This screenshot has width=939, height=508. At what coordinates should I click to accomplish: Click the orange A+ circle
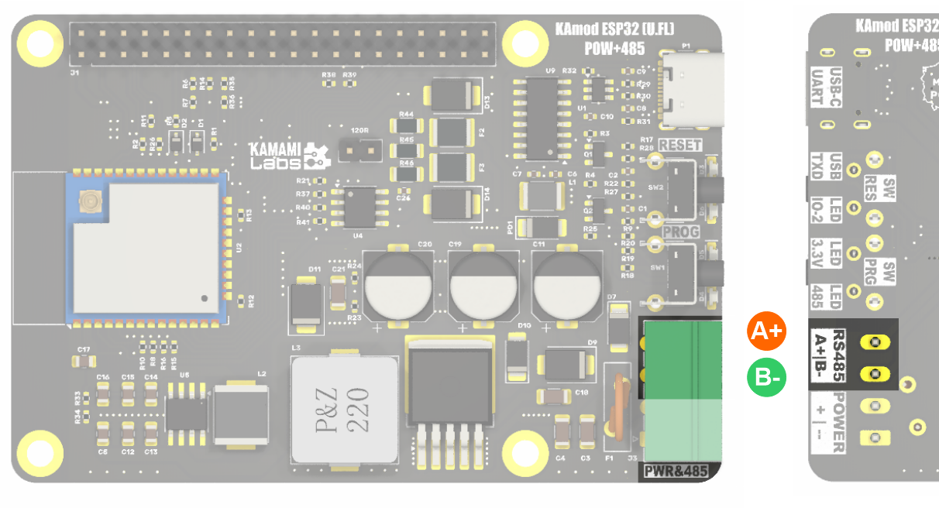(x=766, y=331)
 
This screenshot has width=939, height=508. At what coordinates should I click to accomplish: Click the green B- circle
(x=766, y=378)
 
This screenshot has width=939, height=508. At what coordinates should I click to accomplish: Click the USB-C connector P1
(x=692, y=90)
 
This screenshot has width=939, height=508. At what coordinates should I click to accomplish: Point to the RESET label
(x=680, y=145)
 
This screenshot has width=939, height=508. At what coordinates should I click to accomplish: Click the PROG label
(x=680, y=232)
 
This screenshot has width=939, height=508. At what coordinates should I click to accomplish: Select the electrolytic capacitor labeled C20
(x=398, y=284)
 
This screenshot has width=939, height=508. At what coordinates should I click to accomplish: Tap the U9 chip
(x=543, y=118)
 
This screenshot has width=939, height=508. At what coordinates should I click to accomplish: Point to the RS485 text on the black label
(x=839, y=354)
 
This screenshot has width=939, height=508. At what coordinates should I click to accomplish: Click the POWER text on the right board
(x=839, y=421)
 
